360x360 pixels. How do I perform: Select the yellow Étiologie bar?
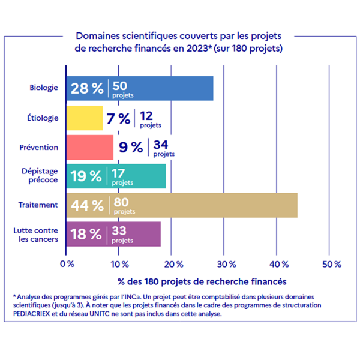click(x=84, y=118)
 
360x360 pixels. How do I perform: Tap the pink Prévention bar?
click(x=89, y=147)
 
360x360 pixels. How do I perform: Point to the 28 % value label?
click(x=87, y=89)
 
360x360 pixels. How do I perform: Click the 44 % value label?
click(x=87, y=206)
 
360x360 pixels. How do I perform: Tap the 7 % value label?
click(x=118, y=118)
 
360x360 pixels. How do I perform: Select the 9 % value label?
click(x=130, y=147)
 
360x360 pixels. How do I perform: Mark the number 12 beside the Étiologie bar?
click(x=146, y=115)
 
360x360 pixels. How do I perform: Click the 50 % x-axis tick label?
click(x=331, y=264)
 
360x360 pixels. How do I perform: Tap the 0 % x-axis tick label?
click(x=67, y=264)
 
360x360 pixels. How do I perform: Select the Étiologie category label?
click(x=43, y=118)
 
